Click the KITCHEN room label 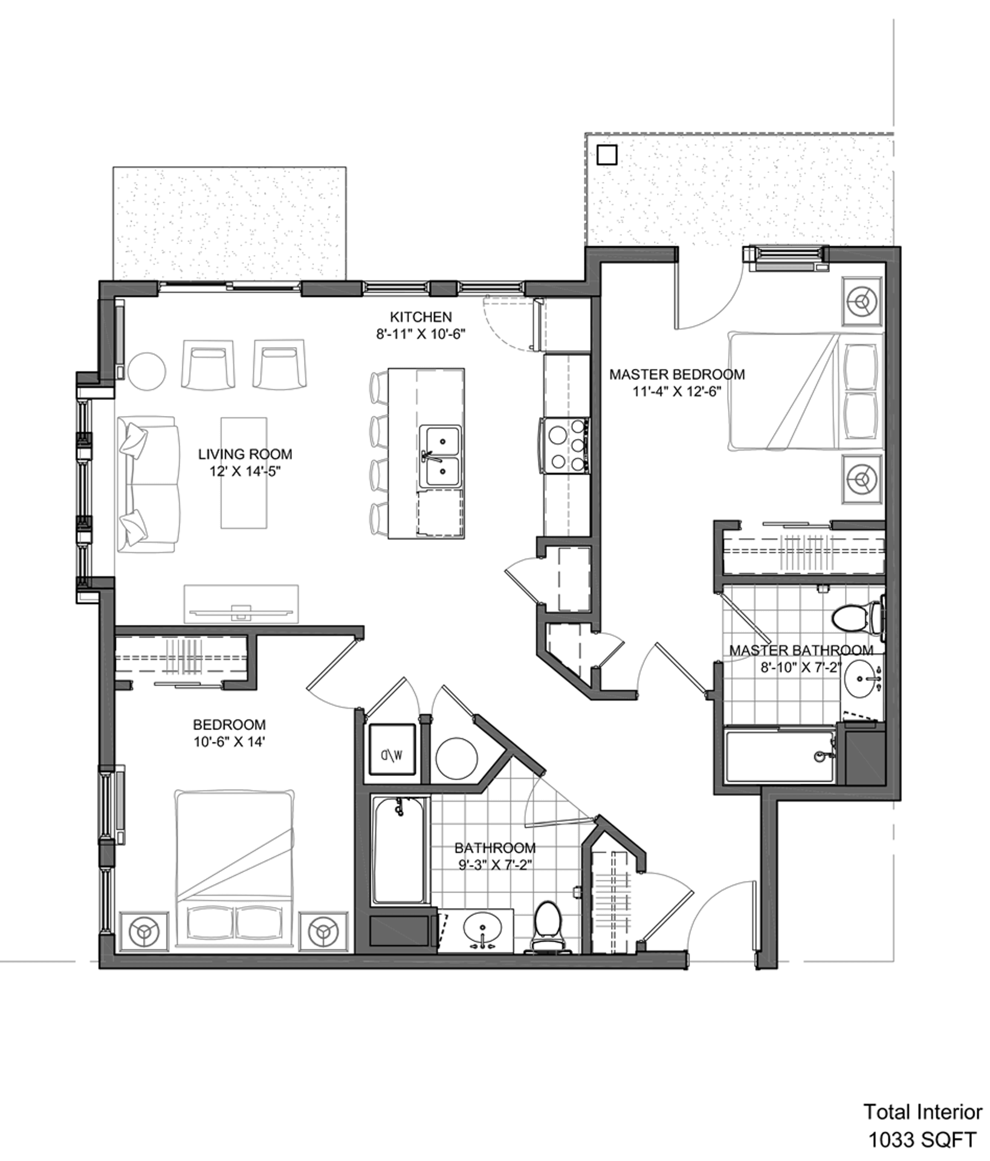421,317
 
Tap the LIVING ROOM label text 245,454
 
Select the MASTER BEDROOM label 677,374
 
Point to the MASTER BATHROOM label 801,650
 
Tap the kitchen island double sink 440,457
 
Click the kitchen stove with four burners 565,446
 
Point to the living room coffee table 244,472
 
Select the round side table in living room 145,371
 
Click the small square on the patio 606,155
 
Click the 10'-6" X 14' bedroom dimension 229,741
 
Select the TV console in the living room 241,603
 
